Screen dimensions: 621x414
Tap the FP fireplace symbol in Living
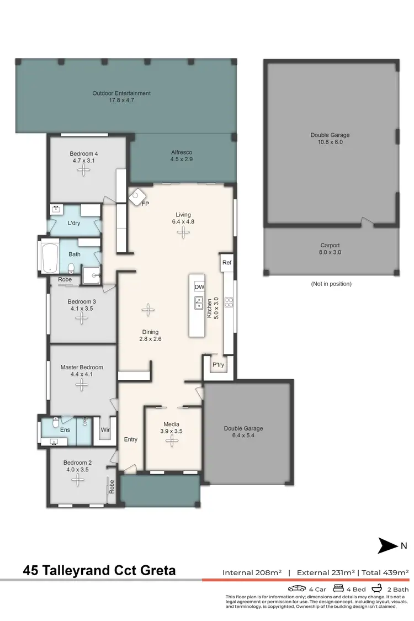(137, 195)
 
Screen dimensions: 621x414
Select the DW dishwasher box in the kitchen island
(199, 287)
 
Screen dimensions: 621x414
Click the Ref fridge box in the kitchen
(226, 263)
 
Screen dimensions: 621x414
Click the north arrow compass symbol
(388, 546)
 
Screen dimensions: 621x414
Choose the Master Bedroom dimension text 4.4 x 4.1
(82, 374)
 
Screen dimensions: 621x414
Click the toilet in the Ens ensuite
(55, 423)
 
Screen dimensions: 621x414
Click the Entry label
(130, 439)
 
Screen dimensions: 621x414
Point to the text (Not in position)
(331, 284)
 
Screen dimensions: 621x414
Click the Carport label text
(330, 246)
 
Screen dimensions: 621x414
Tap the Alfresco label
(181, 152)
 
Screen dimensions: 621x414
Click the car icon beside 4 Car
(296, 588)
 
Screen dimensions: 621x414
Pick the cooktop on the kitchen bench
(229, 302)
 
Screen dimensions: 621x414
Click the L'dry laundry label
(74, 223)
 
